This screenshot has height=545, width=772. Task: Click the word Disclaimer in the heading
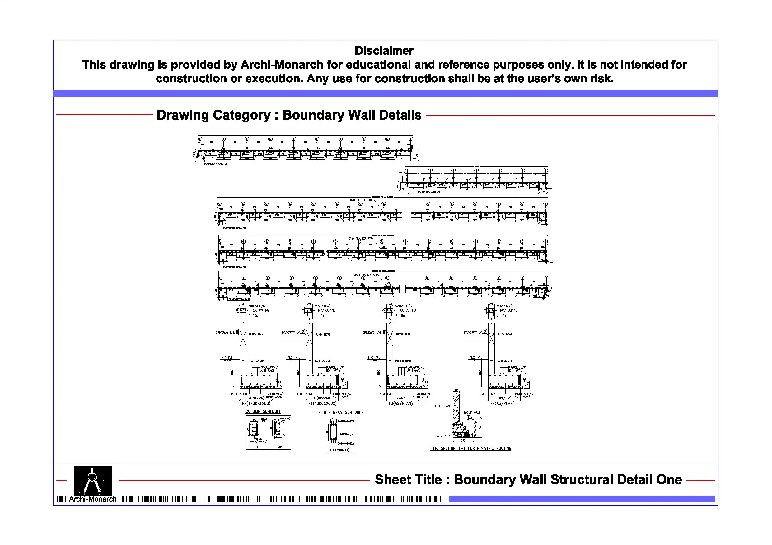pos(384,51)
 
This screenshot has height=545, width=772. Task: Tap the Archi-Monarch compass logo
pos(92,480)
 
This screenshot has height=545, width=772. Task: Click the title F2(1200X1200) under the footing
pos(256,403)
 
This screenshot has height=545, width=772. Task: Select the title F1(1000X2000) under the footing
pos(322,403)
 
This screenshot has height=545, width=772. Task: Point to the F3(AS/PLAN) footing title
pos(400,403)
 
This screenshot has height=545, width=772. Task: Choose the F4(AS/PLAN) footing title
pos(502,403)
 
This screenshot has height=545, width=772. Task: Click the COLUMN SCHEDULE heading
pos(263,411)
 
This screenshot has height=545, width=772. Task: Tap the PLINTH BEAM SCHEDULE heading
pos(341,412)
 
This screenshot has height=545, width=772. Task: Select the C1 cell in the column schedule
pos(256,447)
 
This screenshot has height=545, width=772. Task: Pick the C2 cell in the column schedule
pos(280,447)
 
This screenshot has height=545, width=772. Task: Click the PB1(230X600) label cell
pos(338,450)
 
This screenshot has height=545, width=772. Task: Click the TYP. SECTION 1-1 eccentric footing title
pos(471,448)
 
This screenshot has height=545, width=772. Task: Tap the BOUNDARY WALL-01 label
pos(215,164)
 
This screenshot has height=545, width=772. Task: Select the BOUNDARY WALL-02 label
pos(429,192)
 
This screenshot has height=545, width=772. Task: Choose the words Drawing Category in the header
pos(213,115)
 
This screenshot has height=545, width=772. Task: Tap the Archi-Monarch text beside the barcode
pos(92,499)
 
